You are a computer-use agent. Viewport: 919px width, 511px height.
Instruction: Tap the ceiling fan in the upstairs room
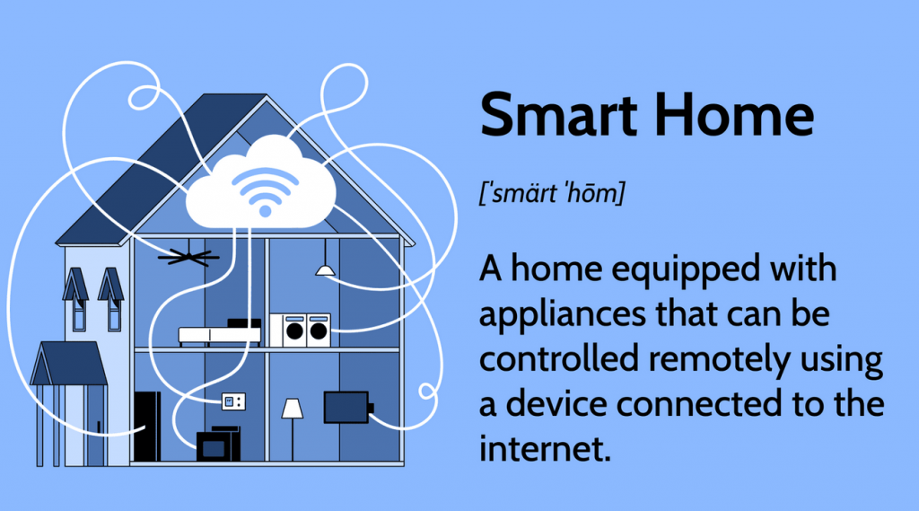point(188,256)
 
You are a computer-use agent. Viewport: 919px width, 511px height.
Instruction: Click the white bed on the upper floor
point(220,334)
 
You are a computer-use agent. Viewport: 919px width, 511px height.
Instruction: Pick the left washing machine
point(294,330)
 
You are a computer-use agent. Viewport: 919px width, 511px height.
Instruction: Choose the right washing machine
point(319,330)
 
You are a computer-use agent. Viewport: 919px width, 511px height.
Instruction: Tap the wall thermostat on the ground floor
point(233,401)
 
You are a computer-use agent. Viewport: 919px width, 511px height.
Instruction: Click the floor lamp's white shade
point(293,409)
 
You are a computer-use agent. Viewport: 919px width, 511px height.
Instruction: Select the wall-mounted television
point(347,407)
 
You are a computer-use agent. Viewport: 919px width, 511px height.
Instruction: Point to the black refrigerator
point(147,426)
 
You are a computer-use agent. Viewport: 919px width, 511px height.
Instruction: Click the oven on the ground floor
point(218,445)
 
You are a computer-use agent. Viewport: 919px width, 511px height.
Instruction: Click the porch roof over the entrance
point(69,363)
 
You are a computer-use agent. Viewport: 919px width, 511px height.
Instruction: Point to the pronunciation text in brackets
point(552,193)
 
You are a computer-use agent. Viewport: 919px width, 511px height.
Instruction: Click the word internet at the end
point(545,449)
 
